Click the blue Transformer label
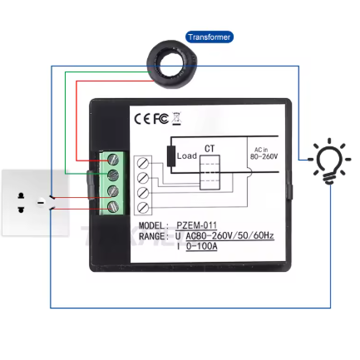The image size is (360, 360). pyautogui.click(x=210, y=37)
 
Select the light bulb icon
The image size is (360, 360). pyautogui.click(x=329, y=160)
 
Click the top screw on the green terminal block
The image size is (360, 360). pyautogui.click(x=113, y=160)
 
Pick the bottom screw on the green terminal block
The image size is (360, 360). pyautogui.click(x=113, y=207)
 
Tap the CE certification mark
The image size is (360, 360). pyautogui.click(x=143, y=119)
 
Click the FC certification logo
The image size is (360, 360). pyautogui.click(x=161, y=119)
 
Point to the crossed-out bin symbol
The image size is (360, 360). pyautogui.click(x=176, y=119)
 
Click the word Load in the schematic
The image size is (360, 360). pyautogui.click(x=187, y=156)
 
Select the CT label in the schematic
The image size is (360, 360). pyautogui.click(x=210, y=149)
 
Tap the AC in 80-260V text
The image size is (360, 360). pyautogui.click(x=264, y=153)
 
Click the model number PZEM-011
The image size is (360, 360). pyautogui.click(x=196, y=224)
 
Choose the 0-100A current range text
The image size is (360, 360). pyautogui.click(x=201, y=246)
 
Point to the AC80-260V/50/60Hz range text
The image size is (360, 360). pyautogui.click(x=229, y=235)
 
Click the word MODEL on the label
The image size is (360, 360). pyautogui.click(x=153, y=225)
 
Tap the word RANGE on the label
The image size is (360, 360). pyautogui.click(x=153, y=236)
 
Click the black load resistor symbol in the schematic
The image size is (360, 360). pyautogui.click(x=171, y=156)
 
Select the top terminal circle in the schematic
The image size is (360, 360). pyautogui.click(x=143, y=163)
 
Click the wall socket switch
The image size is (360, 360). pyautogui.click(x=41, y=202)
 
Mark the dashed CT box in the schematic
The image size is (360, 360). pyautogui.click(x=210, y=172)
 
